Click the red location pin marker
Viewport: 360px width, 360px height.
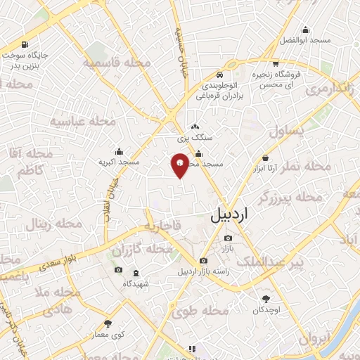[x=180, y=165]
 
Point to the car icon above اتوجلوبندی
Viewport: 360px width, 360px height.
[x=220, y=75]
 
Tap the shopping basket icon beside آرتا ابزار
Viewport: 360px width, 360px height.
[x=265, y=157]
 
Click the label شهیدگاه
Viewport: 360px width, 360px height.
[x=118, y=283]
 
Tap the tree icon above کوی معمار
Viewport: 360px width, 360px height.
[x=108, y=324]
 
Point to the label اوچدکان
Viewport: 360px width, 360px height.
[x=266, y=310]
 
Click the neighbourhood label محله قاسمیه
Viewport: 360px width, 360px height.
[x=117, y=63]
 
